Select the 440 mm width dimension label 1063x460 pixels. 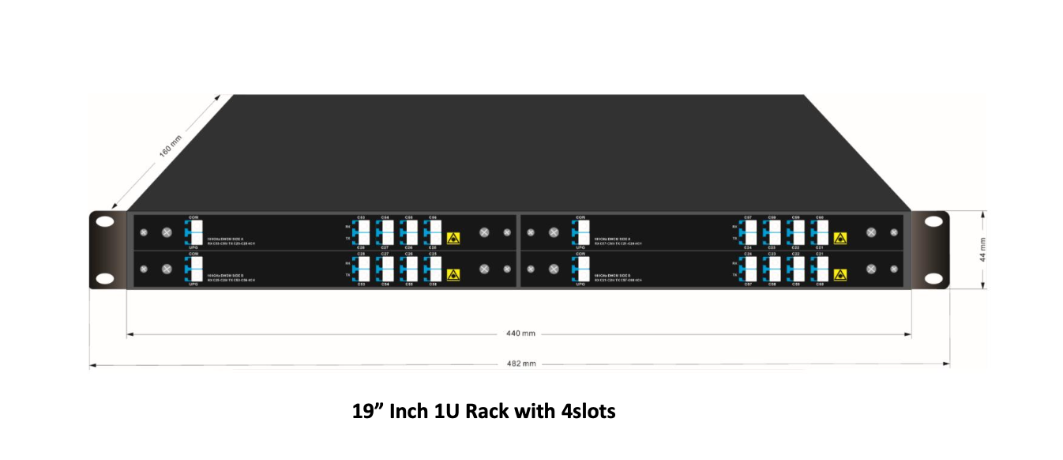pos(520,334)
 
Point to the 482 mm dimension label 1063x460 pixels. pos(520,364)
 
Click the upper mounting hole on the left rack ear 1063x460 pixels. pos(105,222)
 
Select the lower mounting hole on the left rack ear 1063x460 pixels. pos(105,278)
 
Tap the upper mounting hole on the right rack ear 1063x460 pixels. pos(933,222)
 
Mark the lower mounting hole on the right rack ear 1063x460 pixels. pos(933,278)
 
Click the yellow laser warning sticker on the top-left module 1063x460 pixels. pos(453,237)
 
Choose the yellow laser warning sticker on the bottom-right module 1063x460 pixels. pos(840,274)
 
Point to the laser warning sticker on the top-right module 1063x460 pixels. pos(840,237)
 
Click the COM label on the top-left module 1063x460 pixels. pos(194,217)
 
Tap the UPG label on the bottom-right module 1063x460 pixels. pos(581,284)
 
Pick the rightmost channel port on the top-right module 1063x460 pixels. pos(821,232)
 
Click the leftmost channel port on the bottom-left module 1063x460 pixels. pos(362,269)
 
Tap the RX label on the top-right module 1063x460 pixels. pos(734,226)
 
